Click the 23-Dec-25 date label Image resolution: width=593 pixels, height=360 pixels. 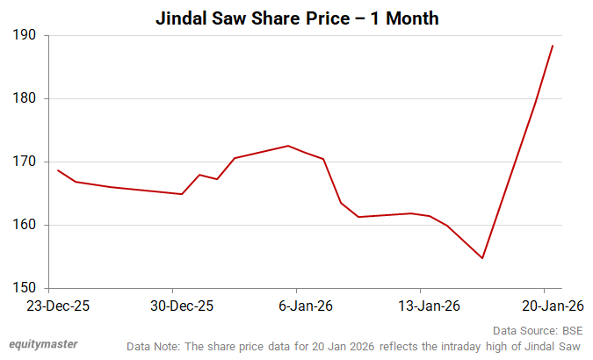(58, 306)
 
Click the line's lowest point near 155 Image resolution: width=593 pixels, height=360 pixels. (482, 258)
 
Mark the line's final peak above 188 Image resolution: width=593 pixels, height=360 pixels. (553, 46)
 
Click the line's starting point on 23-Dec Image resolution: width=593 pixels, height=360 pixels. (58, 170)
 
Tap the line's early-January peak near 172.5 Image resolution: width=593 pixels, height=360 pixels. (288, 146)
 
